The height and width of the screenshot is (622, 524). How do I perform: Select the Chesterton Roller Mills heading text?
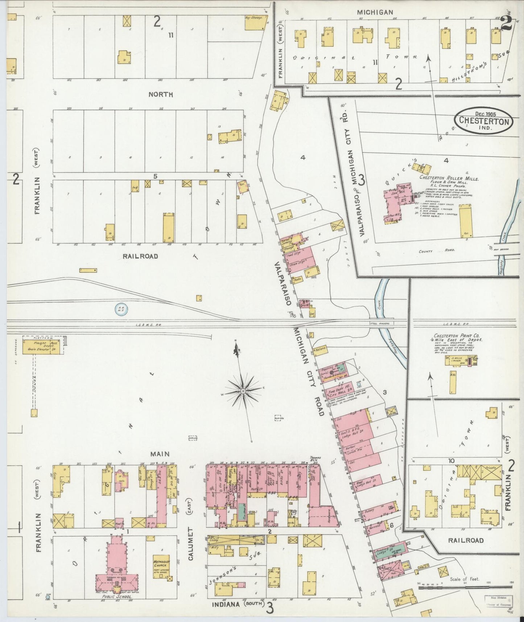click(x=449, y=179)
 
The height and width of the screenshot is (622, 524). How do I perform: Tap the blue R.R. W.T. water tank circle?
click(x=121, y=309)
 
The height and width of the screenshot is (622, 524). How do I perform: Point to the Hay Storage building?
click(x=255, y=22)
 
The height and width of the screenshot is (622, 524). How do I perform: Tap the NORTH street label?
click(x=161, y=94)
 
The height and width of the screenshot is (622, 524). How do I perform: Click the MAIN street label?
click(x=161, y=454)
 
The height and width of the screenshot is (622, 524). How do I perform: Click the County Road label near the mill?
click(x=431, y=250)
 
